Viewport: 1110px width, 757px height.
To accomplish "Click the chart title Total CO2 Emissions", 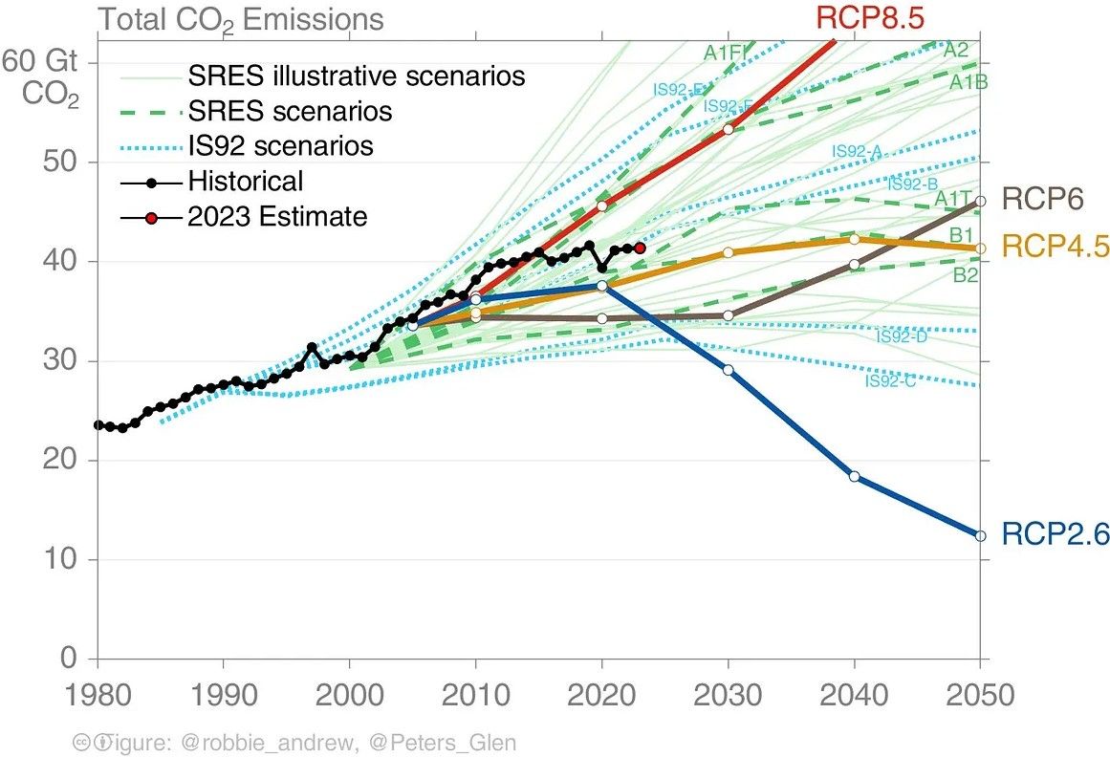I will click(241, 19).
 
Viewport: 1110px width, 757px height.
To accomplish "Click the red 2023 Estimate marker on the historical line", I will click(640, 248).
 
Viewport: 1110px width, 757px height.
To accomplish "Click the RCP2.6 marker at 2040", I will click(854, 476).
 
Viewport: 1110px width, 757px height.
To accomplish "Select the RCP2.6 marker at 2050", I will click(980, 535).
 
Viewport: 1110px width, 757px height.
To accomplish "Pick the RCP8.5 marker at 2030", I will click(729, 129).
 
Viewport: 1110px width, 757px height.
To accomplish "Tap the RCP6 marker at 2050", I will click(980, 201).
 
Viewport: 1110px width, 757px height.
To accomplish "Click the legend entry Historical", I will click(245, 181).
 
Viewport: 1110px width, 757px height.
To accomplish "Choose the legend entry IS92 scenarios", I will click(280, 146).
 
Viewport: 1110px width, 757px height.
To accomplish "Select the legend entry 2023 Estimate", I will click(277, 216).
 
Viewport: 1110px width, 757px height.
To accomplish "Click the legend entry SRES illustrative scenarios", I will click(357, 76).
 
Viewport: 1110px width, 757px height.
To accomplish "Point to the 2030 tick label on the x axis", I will click(729, 695).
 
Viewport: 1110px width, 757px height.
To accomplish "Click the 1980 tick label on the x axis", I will click(98, 695).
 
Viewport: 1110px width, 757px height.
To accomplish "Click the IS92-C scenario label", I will click(890, 381).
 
